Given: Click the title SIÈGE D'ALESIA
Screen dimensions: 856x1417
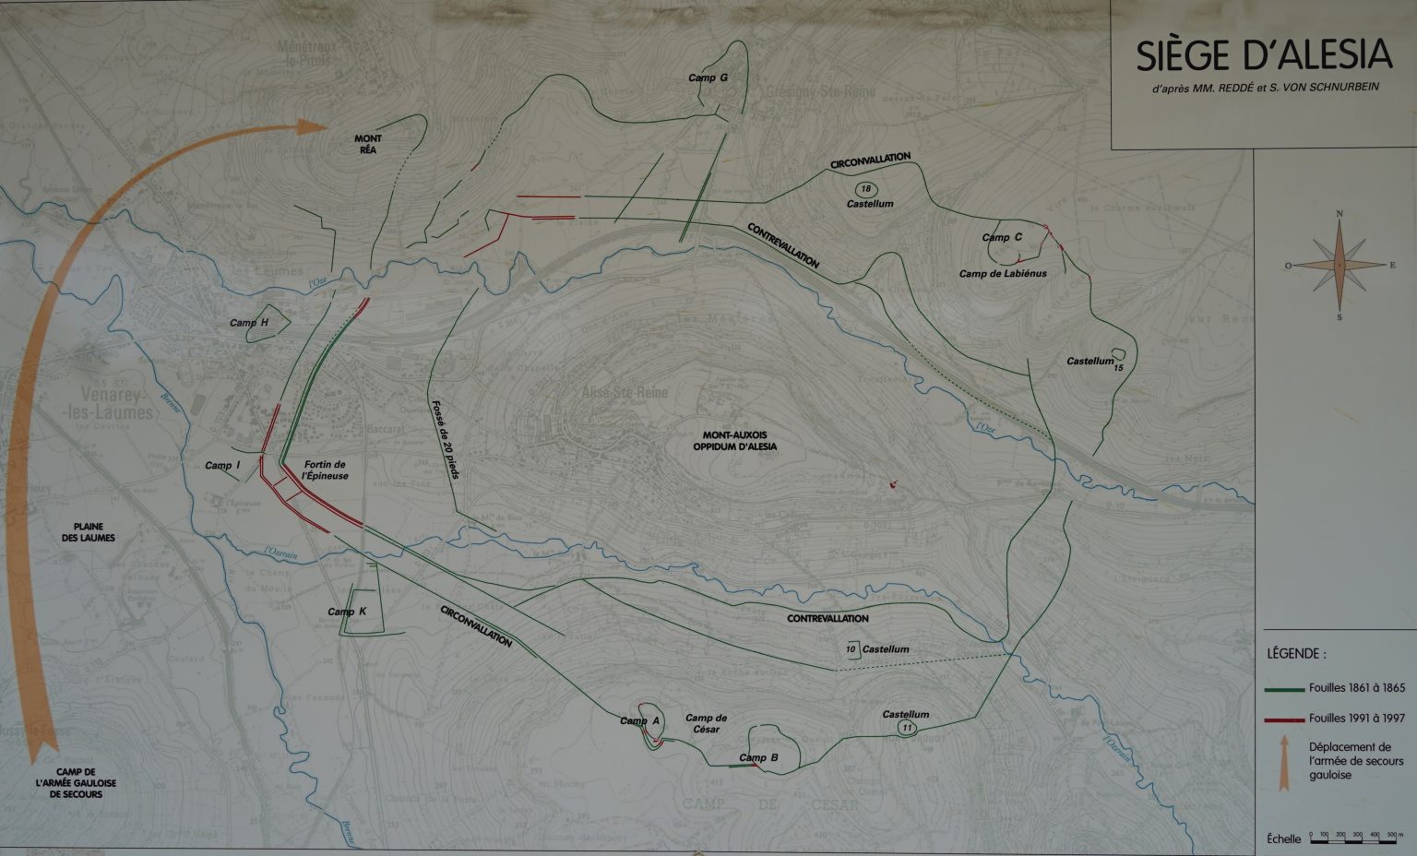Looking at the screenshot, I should pos(1263,56).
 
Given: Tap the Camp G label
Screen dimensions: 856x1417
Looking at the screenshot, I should pos(708,78).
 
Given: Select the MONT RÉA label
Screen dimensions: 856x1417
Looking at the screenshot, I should pos(367,145).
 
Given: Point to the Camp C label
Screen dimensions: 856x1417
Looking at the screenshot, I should pos(1002,237).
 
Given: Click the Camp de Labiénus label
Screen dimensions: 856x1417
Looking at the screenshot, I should pos(1003,274).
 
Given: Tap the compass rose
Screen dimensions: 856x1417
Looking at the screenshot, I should pos(1340,265).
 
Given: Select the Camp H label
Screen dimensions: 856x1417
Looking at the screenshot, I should pos(249,323).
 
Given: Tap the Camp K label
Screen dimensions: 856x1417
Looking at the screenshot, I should pos(347,612).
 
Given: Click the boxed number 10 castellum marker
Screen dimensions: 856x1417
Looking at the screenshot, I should pos(851,649).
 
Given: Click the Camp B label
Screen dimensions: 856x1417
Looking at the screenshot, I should pos(759,758).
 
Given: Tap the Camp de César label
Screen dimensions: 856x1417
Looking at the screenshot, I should pos(707,723).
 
